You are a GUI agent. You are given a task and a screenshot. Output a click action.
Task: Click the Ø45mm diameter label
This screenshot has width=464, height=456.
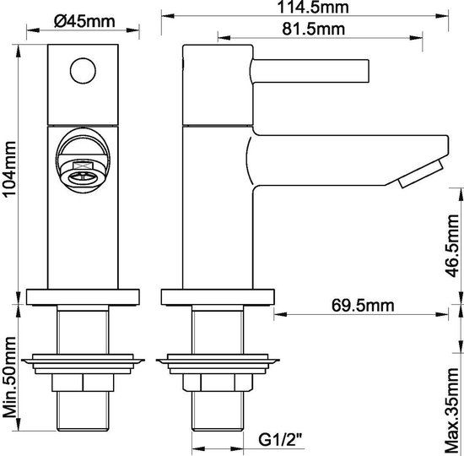pos(84,22)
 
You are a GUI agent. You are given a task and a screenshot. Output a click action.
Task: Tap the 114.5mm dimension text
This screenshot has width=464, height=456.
pos(313,7)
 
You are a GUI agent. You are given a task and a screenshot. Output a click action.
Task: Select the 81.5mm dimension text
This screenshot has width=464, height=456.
pos(313,29)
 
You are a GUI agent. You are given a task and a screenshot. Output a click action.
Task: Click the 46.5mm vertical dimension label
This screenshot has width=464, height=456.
pos(453,246)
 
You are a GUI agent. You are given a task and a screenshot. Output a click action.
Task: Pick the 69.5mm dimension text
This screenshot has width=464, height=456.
pos(363,305)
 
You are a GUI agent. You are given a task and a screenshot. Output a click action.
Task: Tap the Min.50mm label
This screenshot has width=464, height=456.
pos(9,377)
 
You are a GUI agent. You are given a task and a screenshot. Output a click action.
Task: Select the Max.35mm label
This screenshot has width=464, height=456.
pos(453,411)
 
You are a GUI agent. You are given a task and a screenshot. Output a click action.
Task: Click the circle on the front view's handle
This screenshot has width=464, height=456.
pos(84,71)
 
